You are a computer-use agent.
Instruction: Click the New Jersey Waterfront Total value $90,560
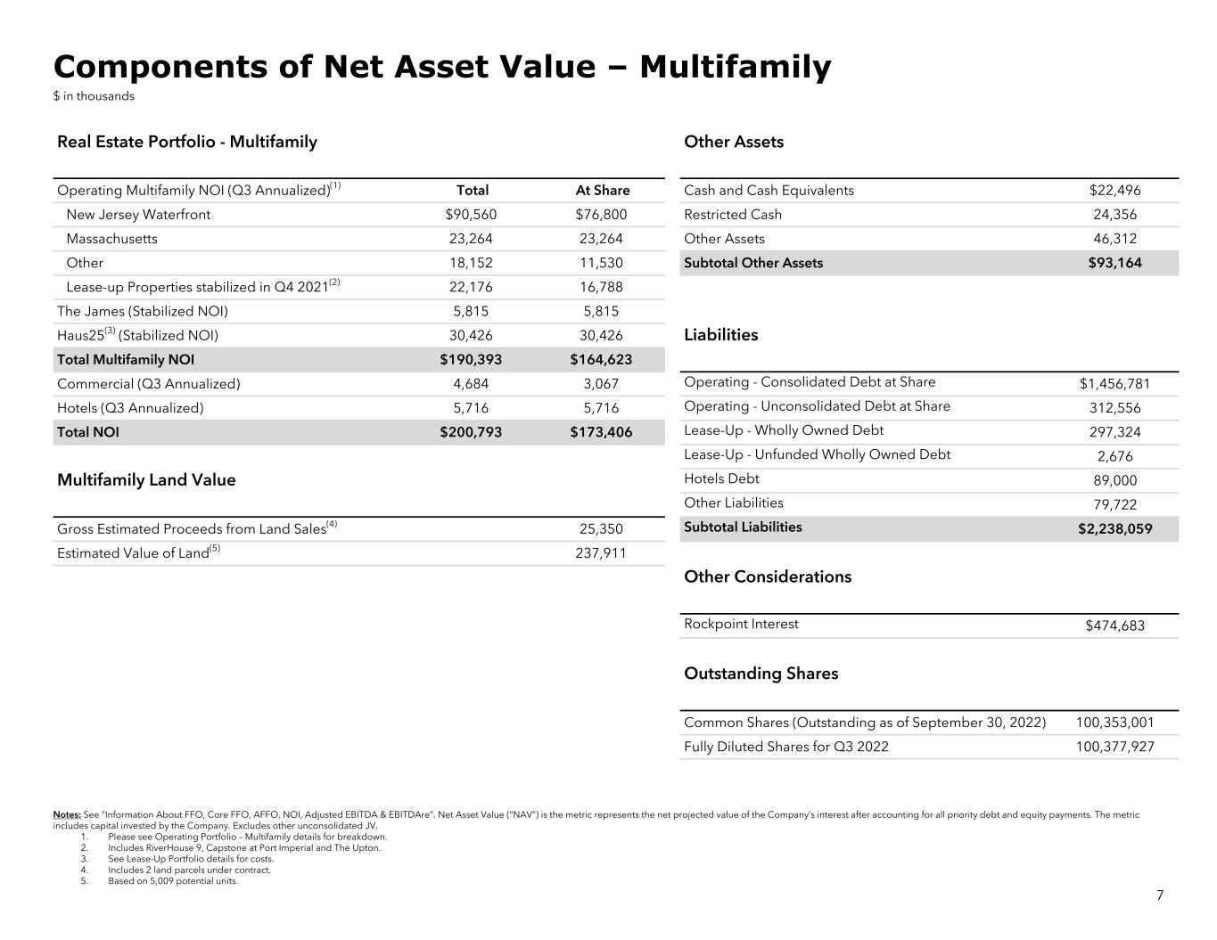[x=471, y=215]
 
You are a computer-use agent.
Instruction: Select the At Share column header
[x=602, y=191]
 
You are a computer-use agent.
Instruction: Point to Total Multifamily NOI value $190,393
[x=471, y=360]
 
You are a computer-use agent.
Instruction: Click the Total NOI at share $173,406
[x=602, y=432]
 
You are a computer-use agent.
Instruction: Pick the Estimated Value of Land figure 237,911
[x=601, y=553]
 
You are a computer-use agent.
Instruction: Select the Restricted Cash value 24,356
[x=1114, y=215]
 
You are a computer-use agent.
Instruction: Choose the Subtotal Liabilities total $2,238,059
[x=1114, y=528]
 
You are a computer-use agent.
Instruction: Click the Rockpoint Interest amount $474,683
[x=1114, y=625]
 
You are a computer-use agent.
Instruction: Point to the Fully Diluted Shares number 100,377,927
[x=1114, y=747]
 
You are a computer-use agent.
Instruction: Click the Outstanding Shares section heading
[x=761, y=674]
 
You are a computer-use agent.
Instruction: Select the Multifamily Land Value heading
[x=146, y=480]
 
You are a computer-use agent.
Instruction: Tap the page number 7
[x=1159, y=895]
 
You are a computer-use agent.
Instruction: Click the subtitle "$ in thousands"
[x=94, y=96]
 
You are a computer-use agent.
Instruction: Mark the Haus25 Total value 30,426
[x=471, y=336]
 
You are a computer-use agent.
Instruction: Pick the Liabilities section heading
[x=720, y=335]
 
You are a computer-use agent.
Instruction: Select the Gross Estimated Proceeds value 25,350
[x=601, y=529]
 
